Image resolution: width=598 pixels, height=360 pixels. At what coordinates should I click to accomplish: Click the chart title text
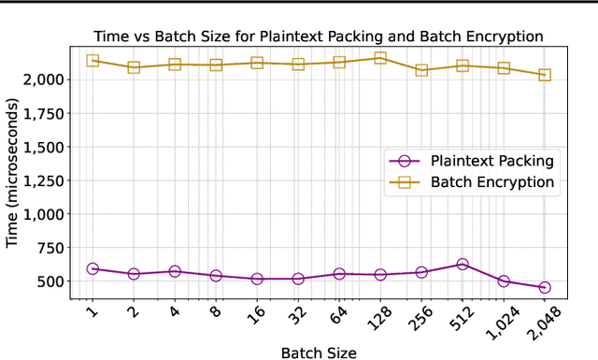point(318,36)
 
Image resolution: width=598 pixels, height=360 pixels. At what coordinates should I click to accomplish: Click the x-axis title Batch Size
point(318,352)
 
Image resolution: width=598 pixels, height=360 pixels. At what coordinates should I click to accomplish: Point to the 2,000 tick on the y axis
point(43,79)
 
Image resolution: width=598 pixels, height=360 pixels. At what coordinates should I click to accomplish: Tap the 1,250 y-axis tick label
point(43,180)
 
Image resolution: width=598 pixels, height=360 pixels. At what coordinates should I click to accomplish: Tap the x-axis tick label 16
point(254,318)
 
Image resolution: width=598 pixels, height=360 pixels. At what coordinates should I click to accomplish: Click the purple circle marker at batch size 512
point(462,265)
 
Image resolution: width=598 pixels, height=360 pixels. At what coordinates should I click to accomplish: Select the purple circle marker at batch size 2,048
point(544,287)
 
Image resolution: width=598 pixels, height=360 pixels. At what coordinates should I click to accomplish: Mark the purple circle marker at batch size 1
point(93,268)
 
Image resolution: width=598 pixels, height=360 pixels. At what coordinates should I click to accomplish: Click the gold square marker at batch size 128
point(379,58)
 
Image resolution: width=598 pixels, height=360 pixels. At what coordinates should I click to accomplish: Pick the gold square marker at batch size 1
point(93,61)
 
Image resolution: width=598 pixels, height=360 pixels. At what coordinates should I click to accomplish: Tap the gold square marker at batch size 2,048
point(544,75)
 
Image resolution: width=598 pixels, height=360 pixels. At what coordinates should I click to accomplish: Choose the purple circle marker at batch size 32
point(298,279)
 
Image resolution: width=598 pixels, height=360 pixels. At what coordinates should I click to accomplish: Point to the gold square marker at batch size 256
point(420,70)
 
